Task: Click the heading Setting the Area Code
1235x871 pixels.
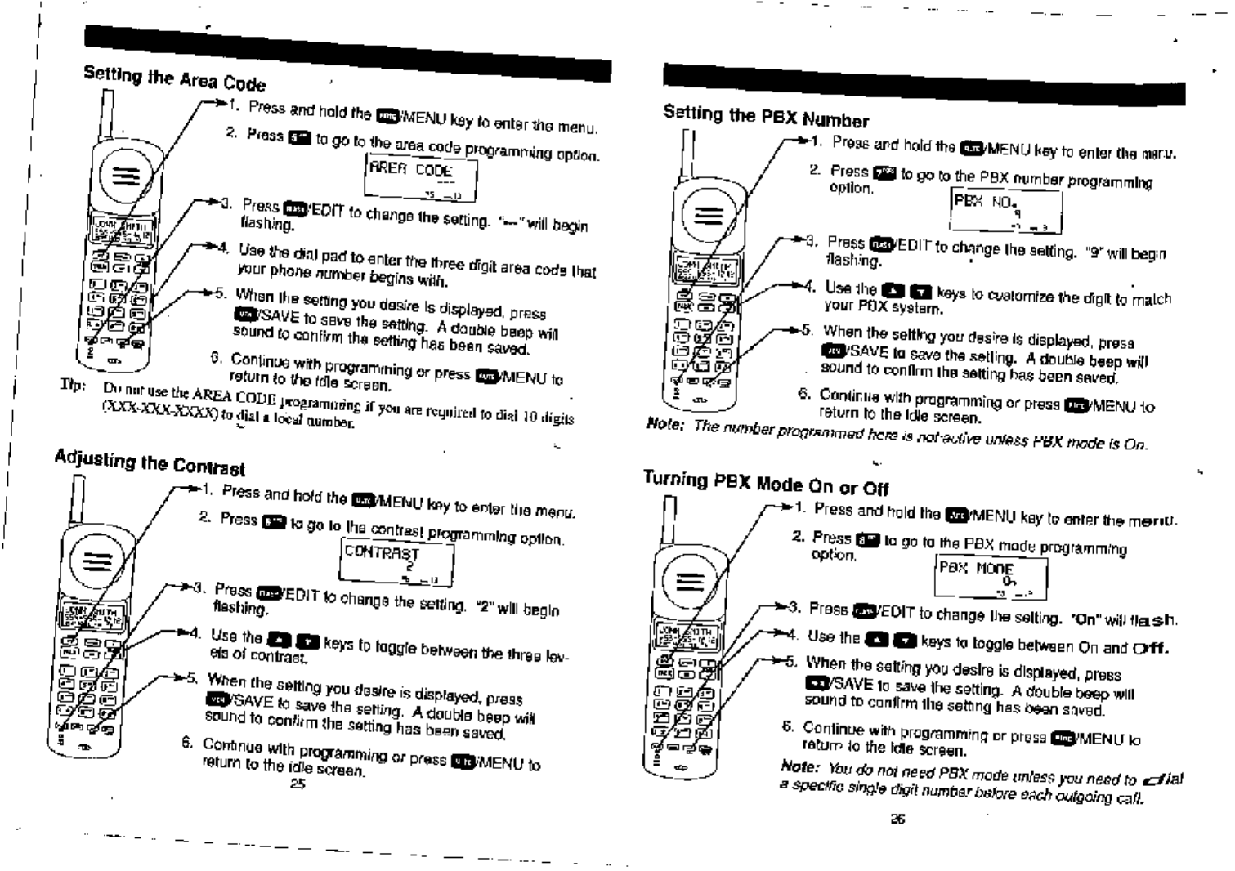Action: click(174, 78)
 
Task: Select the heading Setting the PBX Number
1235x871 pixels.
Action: click(765, 116)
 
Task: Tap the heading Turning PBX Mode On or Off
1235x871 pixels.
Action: click(765, 483)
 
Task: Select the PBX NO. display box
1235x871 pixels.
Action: click(1006, 211)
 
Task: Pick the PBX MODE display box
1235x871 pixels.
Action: click(990, 577)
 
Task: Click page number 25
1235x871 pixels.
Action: click(298, 784)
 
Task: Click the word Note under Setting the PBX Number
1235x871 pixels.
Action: click(664, 423)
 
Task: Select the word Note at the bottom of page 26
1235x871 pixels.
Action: click(799, 766)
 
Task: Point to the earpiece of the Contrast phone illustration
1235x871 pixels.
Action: click(97, 561)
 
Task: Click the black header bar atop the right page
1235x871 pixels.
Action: click(924, 84)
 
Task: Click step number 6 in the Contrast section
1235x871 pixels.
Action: click(187, 742)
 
